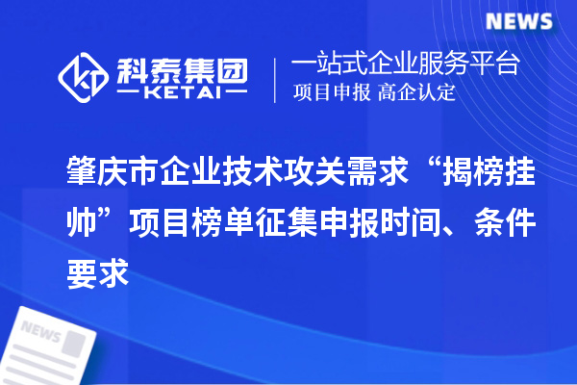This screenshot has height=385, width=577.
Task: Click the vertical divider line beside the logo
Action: point(276,78)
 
